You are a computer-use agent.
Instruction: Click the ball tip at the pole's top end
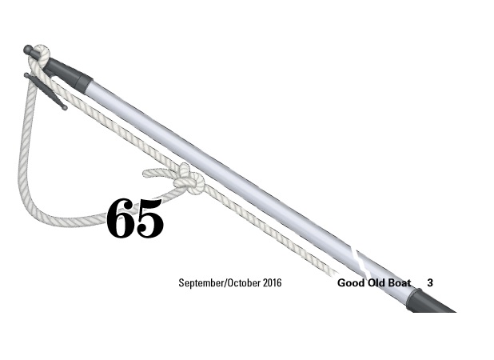coord(28,50)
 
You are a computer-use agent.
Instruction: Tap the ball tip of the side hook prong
coord(65,108)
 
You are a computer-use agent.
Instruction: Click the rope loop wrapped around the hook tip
coord(40,56)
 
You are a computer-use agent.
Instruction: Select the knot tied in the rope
coord(188,179)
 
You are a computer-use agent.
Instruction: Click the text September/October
coord(220,282)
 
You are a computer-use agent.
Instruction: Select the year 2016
coord(273,282)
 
